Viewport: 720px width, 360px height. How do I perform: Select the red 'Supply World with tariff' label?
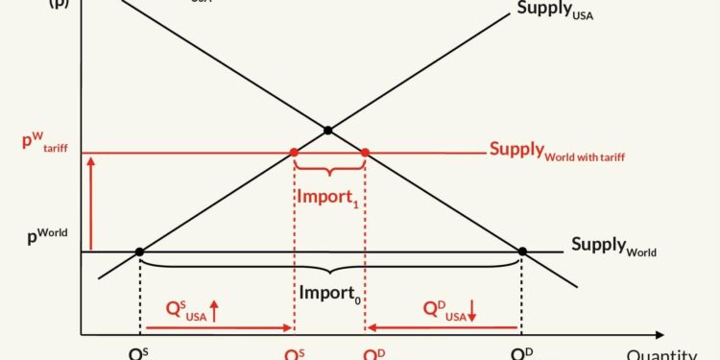(556, 151)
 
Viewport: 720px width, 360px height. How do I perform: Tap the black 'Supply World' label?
(613, 246)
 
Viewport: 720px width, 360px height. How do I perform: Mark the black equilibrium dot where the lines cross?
(328, 131)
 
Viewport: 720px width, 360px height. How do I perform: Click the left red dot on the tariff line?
(294, 153)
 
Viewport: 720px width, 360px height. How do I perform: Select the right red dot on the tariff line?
(365, 153)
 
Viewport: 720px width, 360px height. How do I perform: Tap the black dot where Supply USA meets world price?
(140, 252)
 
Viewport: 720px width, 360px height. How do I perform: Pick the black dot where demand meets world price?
(522, 252)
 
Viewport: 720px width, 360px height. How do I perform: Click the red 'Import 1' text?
(328, 198)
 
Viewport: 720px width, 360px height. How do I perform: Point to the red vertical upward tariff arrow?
(90, 202)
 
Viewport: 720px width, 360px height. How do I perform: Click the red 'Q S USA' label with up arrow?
(192, 309)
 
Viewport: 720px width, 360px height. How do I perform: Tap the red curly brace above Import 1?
(329, 170)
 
